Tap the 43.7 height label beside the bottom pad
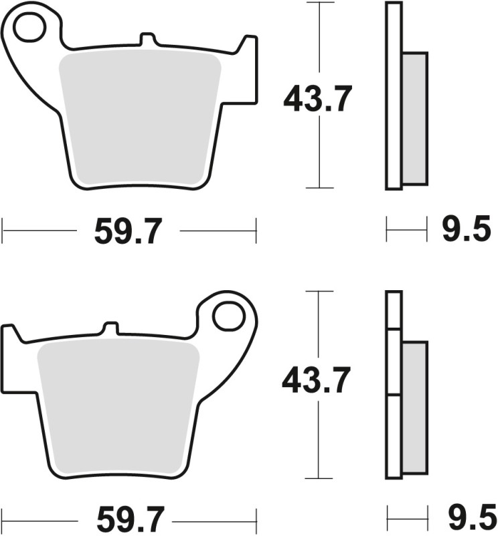[316, 383]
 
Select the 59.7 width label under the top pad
[128, 232]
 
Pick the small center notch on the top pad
[145, 40]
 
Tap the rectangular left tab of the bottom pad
[9, 355]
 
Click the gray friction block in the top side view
[415, 119]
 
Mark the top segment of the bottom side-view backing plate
[394, 310]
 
